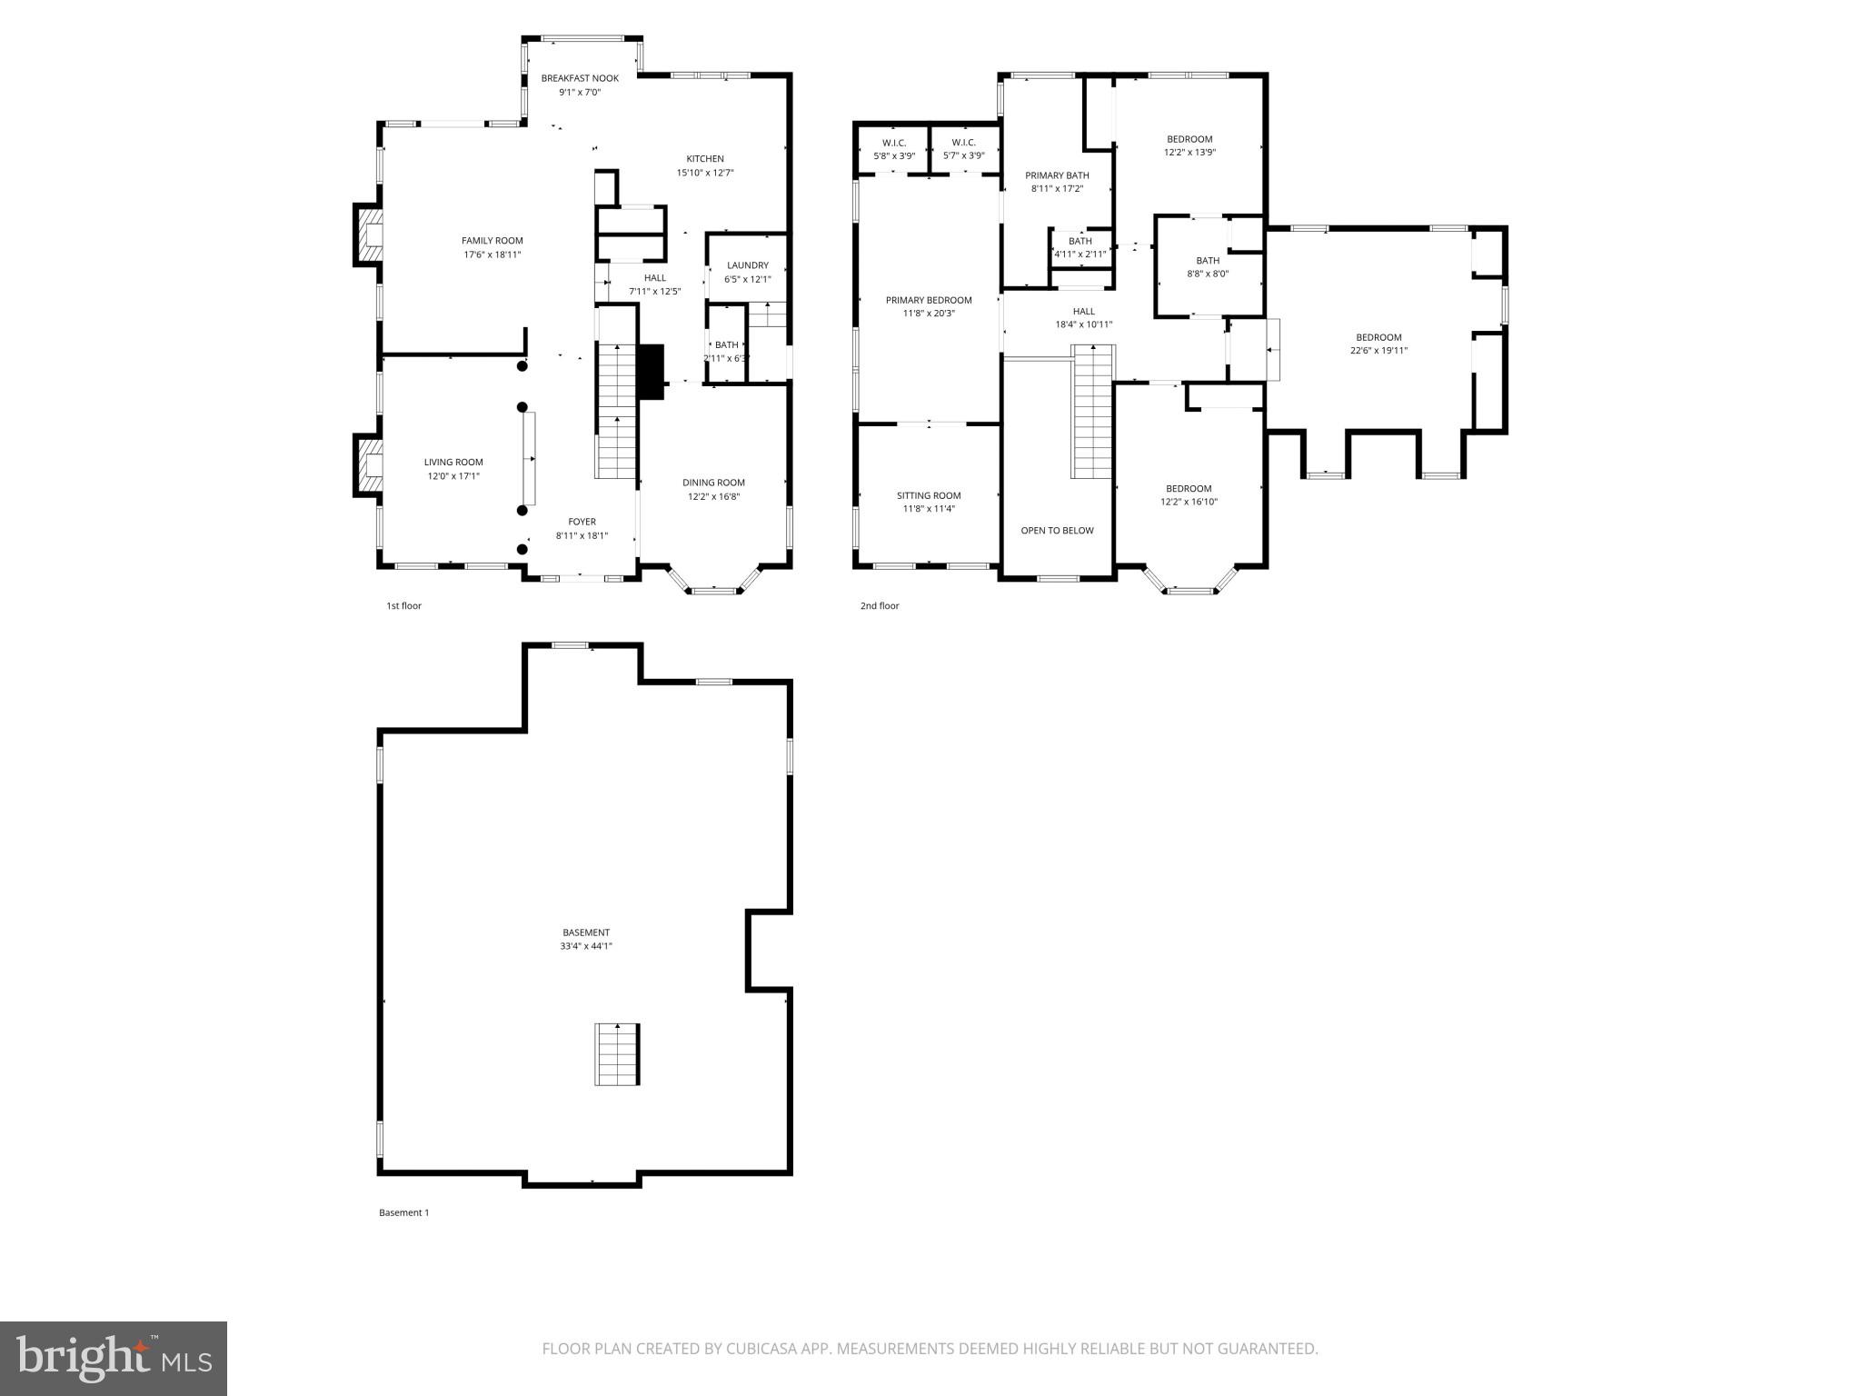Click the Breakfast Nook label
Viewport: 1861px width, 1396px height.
580,78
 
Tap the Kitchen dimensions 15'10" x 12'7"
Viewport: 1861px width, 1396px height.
704,173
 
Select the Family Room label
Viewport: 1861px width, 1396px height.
492,241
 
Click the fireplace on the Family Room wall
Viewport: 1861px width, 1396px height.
367,234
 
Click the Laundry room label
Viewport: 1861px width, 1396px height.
747,265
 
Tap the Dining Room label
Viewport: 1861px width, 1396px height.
713,483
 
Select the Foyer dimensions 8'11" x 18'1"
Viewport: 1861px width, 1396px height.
582,536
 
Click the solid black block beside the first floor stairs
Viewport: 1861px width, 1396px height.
652,371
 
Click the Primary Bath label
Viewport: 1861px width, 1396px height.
1057,175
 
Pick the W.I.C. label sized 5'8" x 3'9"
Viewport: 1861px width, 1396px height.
893,143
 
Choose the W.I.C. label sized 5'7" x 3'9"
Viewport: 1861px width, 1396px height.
963,143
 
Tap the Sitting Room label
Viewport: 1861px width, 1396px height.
928,495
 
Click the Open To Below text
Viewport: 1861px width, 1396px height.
1057,530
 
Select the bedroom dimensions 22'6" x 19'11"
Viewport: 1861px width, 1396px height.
1378,351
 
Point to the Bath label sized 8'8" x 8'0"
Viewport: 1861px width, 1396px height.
1208,261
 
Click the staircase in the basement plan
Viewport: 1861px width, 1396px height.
618,1053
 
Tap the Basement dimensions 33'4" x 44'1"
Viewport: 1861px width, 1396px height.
585,946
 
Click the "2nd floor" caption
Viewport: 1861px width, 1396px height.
879,605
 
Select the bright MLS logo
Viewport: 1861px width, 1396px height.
114,1358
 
